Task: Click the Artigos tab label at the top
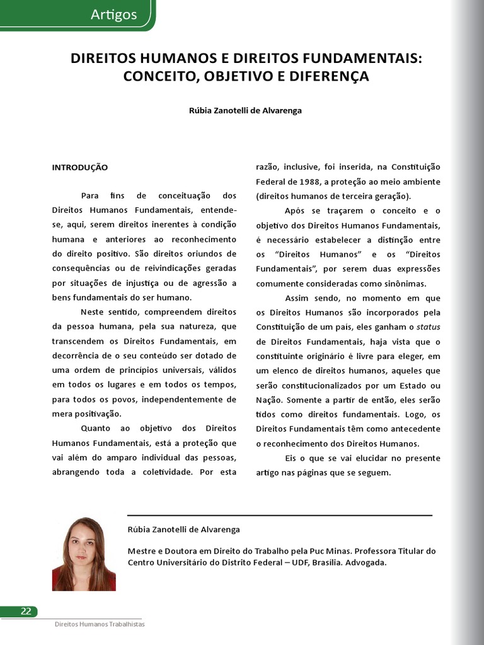point(113,14)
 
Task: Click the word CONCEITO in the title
point(158,77)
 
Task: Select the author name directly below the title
point(245,110)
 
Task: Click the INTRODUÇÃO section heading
point(79,168)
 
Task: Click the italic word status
point(429,327)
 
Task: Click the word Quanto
point(96,428)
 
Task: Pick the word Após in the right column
point(295,211)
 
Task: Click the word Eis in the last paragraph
point(291,458)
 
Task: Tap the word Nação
point(269,400)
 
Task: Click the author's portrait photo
point(84,554)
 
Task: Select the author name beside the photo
point(183,530)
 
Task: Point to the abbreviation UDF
point(285,562)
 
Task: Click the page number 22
point(26,611)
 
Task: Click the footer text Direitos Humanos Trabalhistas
point(100,624)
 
